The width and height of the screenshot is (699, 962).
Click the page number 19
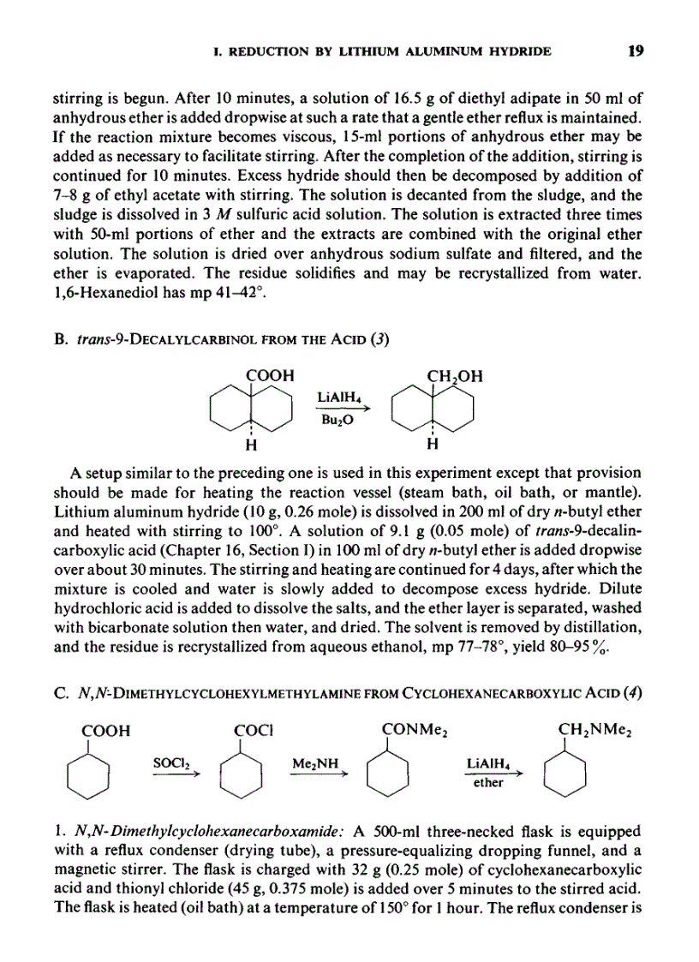pos(635,51)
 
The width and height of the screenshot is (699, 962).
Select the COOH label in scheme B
pos(270,374)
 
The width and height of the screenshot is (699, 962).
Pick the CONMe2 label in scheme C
pos(415,730)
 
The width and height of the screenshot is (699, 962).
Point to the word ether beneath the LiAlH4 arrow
pos(488,782)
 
